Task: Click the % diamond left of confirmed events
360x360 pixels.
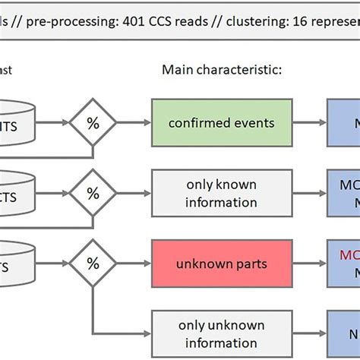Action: coord(93,123)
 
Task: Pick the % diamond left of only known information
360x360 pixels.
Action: coord(93,194)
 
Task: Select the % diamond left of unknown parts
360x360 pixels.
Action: coord(93,264)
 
